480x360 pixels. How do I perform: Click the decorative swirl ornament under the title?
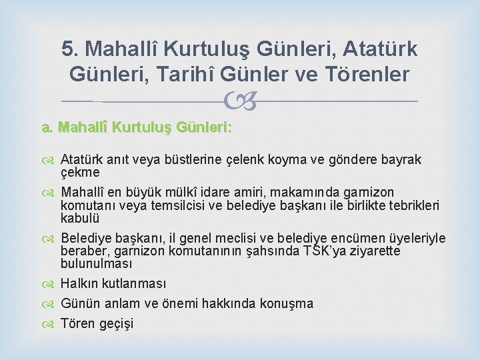tap(239, 101)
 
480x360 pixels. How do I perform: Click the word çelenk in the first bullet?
tap(229, 160)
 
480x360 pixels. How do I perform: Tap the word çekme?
tap(79, 172)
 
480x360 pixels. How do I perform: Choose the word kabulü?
tap(79, 217)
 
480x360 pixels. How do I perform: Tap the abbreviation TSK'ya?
tap(325, 251)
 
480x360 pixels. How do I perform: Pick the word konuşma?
tap(285, 303)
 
